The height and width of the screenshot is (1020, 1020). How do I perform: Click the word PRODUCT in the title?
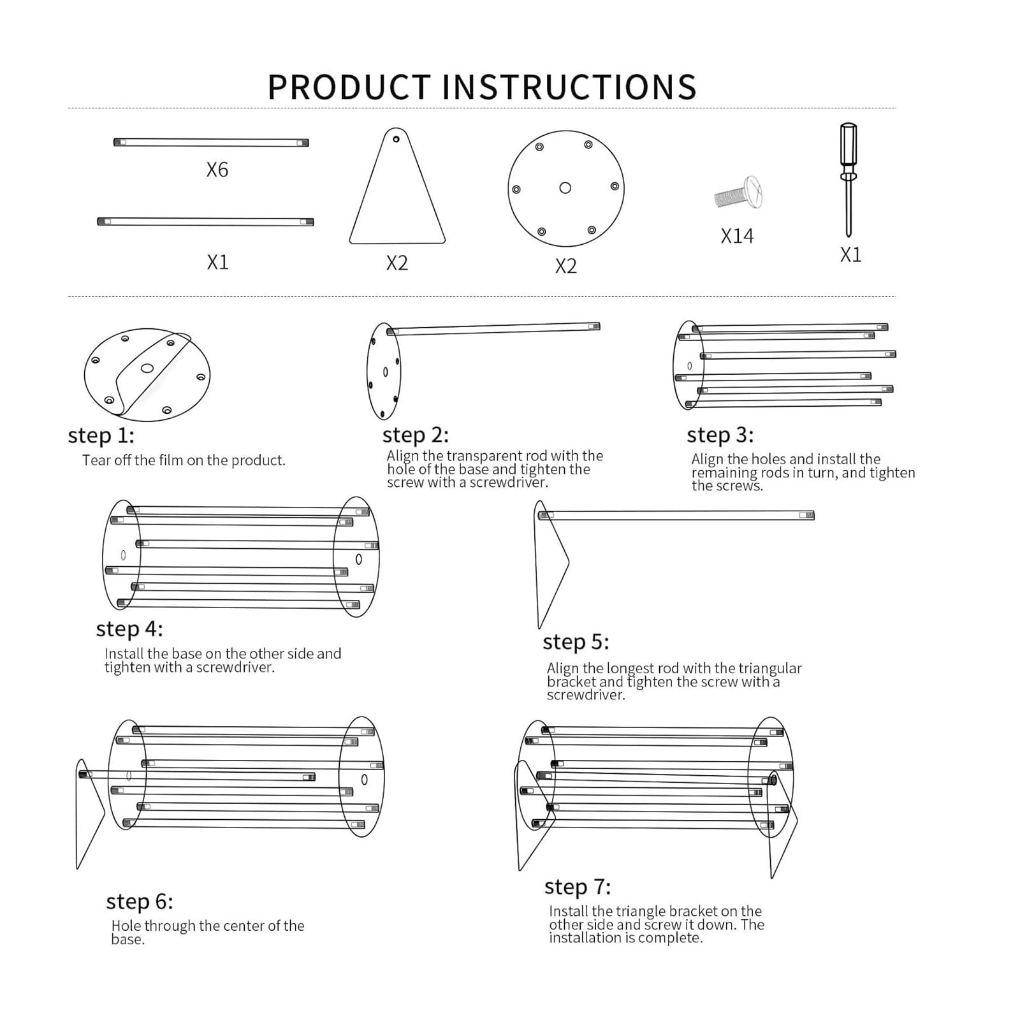coord(349,87)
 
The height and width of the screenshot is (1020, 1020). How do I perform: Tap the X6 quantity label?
coord(217,170)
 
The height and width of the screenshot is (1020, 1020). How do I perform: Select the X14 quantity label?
coord(737,236)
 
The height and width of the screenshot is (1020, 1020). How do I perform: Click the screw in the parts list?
coord(738,193)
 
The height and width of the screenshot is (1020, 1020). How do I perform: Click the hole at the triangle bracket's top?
coord(396,139)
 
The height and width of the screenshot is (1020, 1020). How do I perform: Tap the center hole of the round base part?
coord(565,188)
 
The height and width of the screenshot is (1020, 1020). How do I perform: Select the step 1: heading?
coord(101,436)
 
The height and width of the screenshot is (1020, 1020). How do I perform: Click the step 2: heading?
coord(416,435)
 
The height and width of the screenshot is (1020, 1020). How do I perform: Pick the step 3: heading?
coord(720,435)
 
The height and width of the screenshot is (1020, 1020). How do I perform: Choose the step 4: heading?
coord(129,629)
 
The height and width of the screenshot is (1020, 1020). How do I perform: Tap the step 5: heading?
coord(576,642)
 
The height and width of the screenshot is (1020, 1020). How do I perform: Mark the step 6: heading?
coord(140,901)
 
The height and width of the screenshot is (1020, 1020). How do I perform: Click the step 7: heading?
coord(578,887)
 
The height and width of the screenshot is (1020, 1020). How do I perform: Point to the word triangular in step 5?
coord(769,668)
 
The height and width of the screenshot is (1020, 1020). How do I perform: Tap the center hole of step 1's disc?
coord(147,368)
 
